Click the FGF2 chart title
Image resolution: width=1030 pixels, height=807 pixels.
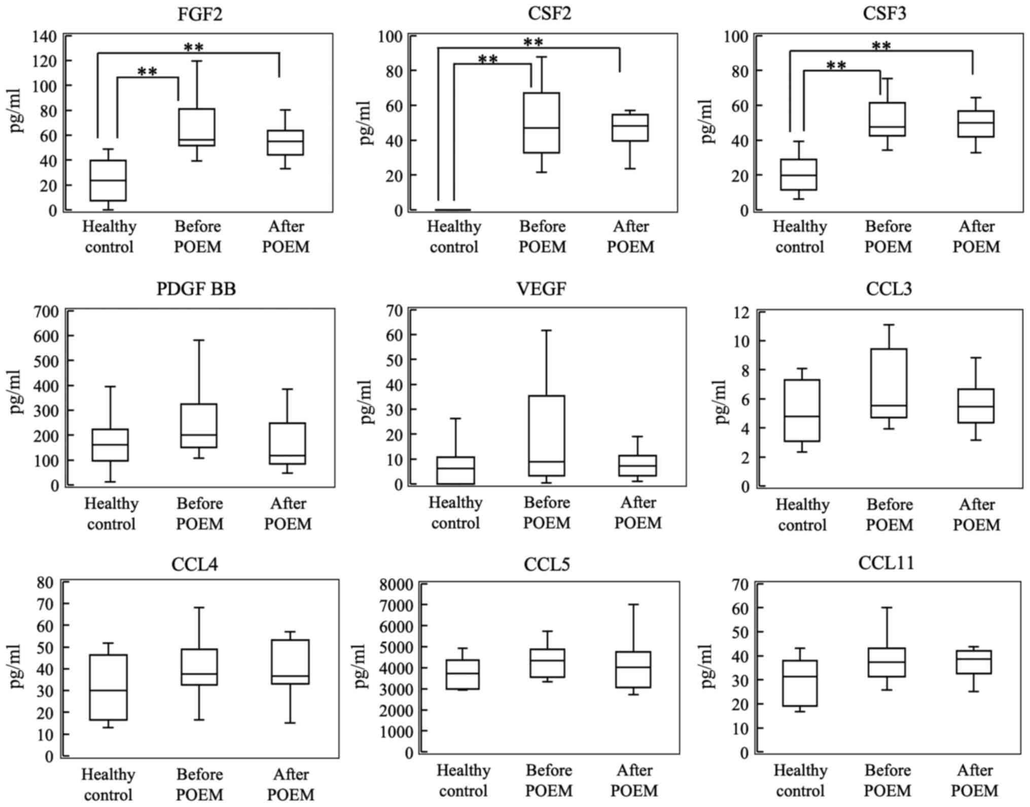(200, 14)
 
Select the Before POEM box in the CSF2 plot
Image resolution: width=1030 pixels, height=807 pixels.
(542, 123)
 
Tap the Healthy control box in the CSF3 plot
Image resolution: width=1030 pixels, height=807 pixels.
(799, 175)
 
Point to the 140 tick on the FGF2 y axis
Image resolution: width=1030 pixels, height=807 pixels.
(45, 36)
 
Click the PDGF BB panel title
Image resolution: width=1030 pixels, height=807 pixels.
(196, 289)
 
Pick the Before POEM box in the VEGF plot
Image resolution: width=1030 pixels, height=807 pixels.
(547, 435)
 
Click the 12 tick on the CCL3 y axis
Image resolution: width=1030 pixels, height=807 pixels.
(741, 312)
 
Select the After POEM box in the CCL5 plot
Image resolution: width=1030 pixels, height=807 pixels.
(633, 670)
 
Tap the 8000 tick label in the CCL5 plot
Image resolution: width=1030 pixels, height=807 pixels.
(396, 585)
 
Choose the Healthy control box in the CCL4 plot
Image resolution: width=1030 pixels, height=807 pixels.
(109, 687)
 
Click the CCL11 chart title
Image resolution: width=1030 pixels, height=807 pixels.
(886, 563)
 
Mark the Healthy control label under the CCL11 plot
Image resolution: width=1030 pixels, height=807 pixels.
(800, 781)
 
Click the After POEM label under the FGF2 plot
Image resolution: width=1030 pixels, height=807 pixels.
(286, 237)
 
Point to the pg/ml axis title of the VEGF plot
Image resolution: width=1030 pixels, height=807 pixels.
(367, 402)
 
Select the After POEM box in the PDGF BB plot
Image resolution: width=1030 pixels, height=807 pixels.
(288, 444)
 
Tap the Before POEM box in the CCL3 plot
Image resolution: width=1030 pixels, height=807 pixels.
(889, 383)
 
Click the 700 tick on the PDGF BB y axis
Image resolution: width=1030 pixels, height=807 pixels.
(47, 311)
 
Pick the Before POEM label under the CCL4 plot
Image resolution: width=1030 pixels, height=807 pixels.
(199, 784)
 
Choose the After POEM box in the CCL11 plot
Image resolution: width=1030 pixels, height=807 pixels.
(974, 662)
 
